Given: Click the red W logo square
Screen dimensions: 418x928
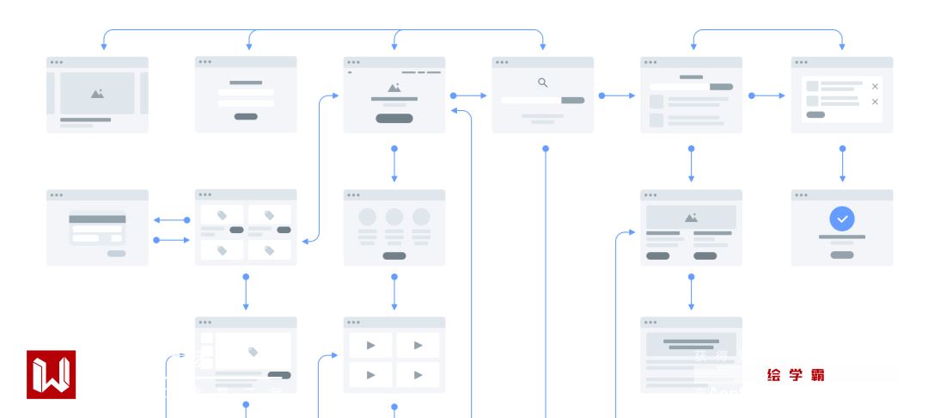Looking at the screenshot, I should [51, 374].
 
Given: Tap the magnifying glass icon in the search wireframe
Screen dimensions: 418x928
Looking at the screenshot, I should [542, 83].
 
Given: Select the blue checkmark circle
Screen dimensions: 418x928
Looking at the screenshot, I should [842, 219].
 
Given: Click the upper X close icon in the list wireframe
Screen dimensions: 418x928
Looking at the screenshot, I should [875, 86].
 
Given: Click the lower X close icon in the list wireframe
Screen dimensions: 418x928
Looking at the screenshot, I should [875, 101].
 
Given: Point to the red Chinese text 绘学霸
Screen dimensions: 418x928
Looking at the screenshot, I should [796, 374].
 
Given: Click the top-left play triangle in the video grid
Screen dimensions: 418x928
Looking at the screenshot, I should [370, 345].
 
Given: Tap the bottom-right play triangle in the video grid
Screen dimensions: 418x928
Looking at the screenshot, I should [418, 374].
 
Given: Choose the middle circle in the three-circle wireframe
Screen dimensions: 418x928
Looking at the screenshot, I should [394, 217].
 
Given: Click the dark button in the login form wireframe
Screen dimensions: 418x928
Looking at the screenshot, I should [246, 116].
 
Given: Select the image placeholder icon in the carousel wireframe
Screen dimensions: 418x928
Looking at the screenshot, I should [97, 93].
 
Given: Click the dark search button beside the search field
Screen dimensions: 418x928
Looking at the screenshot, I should [572, 101].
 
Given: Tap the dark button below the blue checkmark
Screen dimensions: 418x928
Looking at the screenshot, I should [842, 255].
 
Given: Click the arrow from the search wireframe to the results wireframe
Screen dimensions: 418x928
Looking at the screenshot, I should [617, 95].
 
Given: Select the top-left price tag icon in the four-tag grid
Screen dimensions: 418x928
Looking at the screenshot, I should [222, 215].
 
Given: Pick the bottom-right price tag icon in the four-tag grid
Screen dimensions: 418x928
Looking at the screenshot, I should [269, 250].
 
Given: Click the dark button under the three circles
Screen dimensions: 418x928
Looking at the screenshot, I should [394, 255].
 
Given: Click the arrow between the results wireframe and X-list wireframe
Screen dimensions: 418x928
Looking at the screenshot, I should [767, 95].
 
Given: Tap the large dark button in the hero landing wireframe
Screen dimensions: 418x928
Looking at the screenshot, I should [394, 118].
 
